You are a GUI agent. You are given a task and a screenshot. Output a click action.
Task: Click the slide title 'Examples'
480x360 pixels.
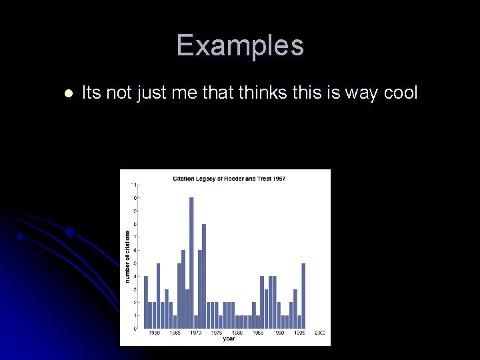tap(240, 46)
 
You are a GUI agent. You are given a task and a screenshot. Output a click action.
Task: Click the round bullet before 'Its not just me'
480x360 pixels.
tap(67, 93)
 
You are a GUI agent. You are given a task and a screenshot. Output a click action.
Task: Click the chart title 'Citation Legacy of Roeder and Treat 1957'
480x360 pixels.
tap(229, 179)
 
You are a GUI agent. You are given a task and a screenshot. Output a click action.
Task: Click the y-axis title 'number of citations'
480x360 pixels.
tap(127, 256)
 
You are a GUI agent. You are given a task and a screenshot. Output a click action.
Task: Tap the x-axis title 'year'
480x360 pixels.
tap(229, 339)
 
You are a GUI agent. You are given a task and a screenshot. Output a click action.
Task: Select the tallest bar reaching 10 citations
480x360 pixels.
tap(191, 263)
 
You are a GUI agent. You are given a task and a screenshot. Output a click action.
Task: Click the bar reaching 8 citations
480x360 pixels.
tap(204, 276)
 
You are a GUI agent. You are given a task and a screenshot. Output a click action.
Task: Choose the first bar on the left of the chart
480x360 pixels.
tap(146, 302)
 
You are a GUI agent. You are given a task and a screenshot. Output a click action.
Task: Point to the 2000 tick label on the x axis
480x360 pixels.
tap(320, 333)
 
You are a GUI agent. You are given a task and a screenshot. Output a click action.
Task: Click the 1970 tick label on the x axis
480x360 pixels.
tap(196, 333)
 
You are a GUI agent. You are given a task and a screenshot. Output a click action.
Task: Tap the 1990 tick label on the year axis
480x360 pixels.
tap(279, 333)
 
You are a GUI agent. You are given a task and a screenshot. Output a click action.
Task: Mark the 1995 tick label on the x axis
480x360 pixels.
tap(299, 333)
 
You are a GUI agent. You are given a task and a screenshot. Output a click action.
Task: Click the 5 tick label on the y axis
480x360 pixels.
tap(135, 263)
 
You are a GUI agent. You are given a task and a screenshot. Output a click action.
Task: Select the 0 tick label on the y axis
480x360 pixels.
tap(135, 329)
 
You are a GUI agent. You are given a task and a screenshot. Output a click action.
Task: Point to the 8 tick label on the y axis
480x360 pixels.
tap(135, 224)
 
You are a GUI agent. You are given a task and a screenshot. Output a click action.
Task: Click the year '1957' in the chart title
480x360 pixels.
tap(279, 179)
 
